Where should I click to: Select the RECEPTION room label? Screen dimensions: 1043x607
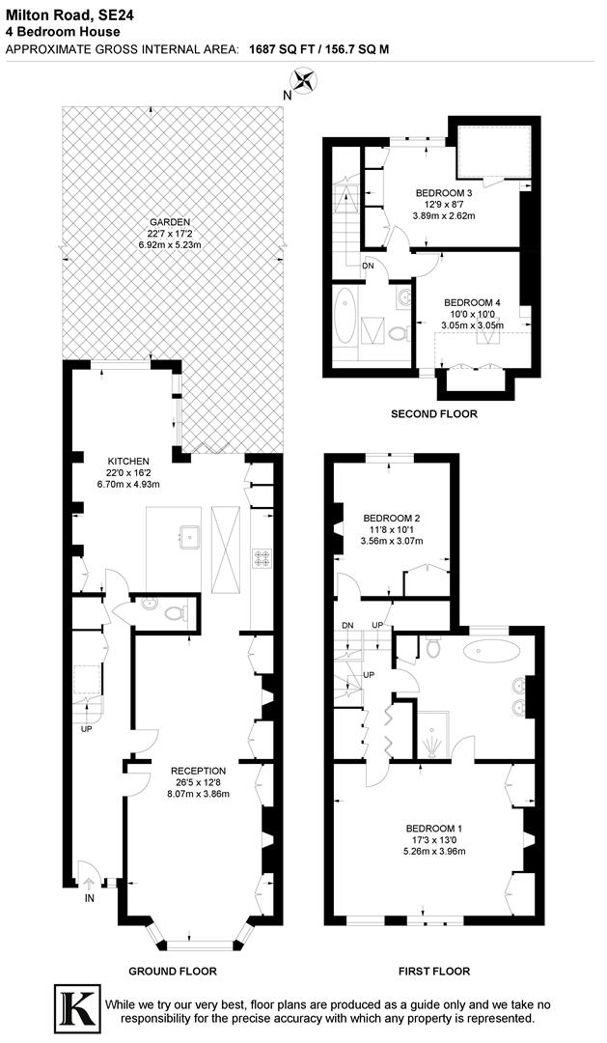pyautogui.click(x=199, y=771)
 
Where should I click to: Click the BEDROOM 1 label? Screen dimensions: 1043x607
pyautogui.click(x=434, y=829)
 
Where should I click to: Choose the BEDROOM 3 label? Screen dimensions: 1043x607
pyautogui.click(x=445, y=192)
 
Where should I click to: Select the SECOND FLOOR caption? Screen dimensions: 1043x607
pyautogui.click(x=433, y=414)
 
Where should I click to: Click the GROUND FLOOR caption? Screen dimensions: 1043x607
pyautogui.click(x=174, y=972)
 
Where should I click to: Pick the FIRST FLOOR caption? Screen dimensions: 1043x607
pyautogui.click(x=434, y=972)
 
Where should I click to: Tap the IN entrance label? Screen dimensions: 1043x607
pyautogui.click(x=90, y=898)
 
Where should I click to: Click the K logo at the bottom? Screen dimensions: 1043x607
pyautogui.click(x=76, y=1010)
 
